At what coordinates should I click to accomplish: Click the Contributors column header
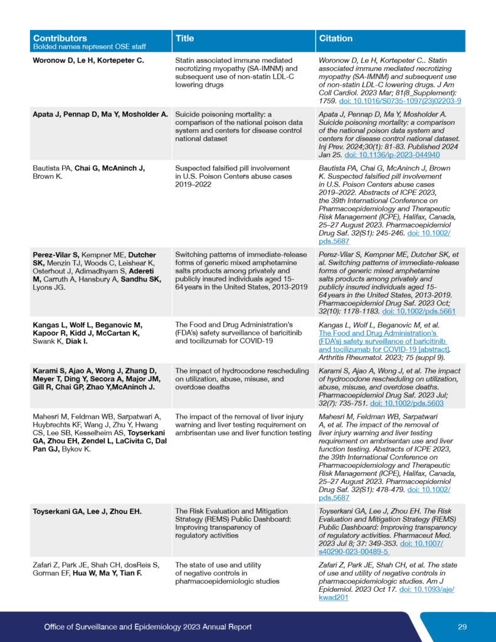click(x=60, y=38)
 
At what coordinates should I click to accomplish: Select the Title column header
click(x=185, y=38)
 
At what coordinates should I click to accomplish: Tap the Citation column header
click(x=336, y=38)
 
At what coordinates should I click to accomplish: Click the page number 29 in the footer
click(x=462, y=626)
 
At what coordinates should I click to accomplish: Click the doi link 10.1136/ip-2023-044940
click(x=392, y=154)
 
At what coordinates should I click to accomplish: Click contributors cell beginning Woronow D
click(x=88, y=60)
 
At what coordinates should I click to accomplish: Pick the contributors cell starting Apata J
click(x=100, y=114)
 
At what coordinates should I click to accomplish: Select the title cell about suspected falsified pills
click(x=233, y=177)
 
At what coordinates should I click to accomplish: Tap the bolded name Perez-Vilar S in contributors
click(x=56, y=255)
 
